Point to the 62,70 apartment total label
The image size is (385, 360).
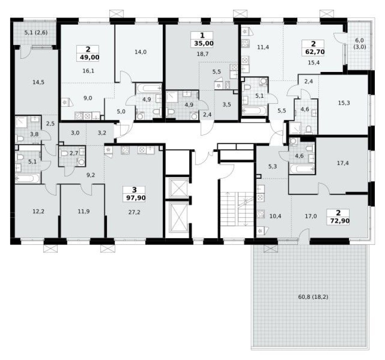pos(313,52)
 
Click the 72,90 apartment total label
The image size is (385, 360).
pos(337,221)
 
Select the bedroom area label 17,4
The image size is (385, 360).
pos(343,163)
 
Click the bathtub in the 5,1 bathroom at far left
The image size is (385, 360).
pos(28,178)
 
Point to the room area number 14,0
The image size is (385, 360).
pos(140,52)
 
